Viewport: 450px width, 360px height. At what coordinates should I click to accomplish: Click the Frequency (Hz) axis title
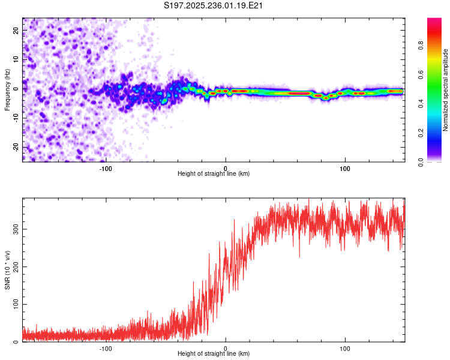click(7, 89)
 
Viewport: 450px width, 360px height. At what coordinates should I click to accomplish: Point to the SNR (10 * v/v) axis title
click(7, 270)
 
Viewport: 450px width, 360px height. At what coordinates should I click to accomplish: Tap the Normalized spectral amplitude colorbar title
click(446, 90)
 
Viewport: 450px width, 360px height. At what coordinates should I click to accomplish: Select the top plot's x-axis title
click(214, 173)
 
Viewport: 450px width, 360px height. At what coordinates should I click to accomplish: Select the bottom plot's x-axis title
click(214, 353)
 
